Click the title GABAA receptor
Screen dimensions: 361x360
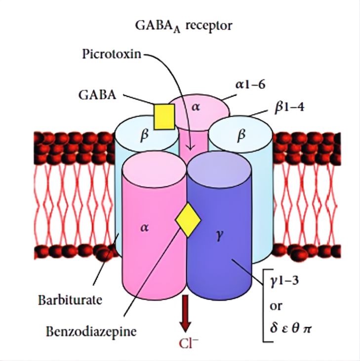[183, 26]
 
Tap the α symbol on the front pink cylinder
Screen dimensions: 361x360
[143, 229]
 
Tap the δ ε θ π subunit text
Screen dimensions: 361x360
[291, 325]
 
